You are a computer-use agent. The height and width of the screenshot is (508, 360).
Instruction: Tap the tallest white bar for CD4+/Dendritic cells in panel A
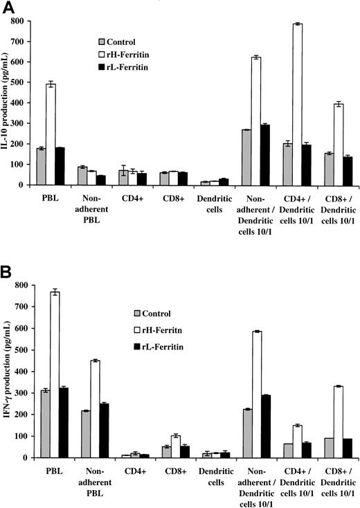click(297, 105)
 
